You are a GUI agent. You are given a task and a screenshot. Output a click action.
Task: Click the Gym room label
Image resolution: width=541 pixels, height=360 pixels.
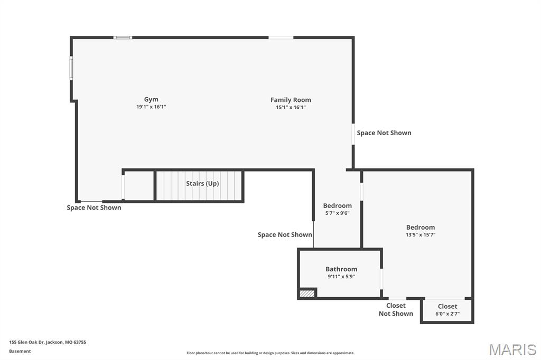(151, 99)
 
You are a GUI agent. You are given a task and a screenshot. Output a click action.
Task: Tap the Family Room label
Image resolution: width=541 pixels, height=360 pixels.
(291, 100)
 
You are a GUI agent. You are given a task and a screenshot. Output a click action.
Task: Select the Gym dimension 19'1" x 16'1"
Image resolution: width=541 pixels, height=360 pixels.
(151, 107)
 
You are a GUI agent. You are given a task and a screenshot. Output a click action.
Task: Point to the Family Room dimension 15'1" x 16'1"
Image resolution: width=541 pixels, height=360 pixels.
(291, 107)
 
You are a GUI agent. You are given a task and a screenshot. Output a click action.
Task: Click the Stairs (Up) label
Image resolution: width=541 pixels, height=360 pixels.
(202, 184)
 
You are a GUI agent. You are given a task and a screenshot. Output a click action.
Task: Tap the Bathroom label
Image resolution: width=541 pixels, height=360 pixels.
(341, 269)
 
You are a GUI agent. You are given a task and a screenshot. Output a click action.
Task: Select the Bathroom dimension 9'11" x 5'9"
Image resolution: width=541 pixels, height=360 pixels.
(341, 277)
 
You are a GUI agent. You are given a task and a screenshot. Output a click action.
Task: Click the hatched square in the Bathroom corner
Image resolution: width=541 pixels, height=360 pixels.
(307, 293)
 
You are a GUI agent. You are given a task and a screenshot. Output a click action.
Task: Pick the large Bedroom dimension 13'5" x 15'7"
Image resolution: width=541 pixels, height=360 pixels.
(421, 235)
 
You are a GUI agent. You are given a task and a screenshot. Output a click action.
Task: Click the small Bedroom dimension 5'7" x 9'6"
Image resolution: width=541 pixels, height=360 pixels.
(337, 213)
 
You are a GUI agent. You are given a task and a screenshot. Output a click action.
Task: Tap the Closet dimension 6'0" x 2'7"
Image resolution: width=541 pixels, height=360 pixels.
(447, 314)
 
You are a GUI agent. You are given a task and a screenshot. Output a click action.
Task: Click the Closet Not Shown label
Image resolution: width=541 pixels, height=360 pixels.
(396, 309)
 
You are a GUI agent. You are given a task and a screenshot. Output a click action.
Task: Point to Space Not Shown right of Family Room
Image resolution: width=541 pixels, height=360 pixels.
(384, 133)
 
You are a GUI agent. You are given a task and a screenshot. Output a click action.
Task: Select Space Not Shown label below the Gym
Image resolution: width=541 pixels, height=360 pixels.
(94, 207)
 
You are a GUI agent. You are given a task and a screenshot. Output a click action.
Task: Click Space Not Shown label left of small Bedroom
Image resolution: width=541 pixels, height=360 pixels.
(285, 234)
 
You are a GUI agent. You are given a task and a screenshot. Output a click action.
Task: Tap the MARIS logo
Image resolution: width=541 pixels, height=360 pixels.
(512, 349)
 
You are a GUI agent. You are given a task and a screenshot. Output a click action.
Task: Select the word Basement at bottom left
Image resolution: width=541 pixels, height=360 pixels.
(20, 351)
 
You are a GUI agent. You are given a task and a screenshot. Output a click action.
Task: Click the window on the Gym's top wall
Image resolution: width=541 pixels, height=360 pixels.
(123, 37)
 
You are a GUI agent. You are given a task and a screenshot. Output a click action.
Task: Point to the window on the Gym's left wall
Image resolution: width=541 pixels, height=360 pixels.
(72, 68)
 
